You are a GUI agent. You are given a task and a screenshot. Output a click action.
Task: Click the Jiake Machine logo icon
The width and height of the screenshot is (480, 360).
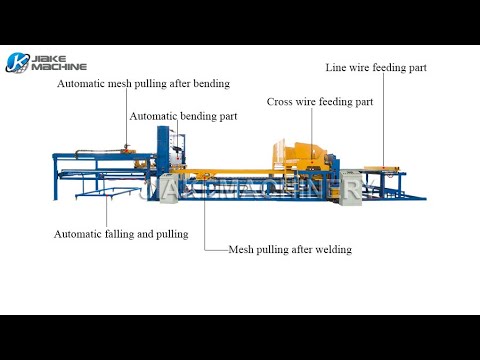coord(17,62)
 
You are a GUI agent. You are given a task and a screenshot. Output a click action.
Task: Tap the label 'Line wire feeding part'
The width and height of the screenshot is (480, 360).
coord(376,68)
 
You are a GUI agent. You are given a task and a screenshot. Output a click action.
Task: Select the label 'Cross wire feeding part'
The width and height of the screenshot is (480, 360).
coord(320,102)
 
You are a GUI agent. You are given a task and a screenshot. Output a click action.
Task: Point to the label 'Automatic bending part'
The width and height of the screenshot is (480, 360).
coord(184,117)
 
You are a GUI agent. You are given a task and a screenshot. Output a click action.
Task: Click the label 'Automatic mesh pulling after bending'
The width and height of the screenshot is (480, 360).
coord(143,84)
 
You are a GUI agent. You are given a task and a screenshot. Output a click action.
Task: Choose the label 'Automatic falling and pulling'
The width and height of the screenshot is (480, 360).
coord(121,234)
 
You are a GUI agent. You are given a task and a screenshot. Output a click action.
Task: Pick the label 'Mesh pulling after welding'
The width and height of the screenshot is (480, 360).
coord(290,249)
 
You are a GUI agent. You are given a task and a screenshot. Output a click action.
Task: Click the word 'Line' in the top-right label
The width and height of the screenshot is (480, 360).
coord(336,68)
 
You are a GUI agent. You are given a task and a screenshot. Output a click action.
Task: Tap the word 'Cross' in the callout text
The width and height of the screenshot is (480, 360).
coord(282,102)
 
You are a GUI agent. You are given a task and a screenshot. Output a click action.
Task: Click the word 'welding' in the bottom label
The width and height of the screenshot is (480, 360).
coord(333,249)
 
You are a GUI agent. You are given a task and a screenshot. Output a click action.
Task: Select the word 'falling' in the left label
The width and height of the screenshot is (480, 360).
coord(116,234)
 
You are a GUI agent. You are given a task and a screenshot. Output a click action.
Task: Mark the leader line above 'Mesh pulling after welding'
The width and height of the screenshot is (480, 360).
coord(204,220)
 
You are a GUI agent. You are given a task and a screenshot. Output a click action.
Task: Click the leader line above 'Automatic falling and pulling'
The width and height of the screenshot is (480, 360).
coord(104,205)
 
